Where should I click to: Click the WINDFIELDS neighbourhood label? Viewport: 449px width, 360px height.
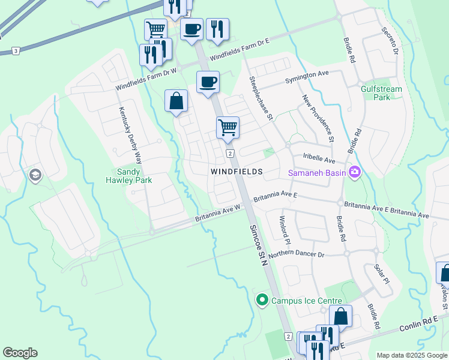click(237, 172)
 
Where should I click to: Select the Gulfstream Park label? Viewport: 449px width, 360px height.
click(381, 93)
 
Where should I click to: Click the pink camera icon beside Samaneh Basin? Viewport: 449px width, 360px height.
click(355, 172)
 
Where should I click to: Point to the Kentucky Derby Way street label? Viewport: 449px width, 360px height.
click(130, 136)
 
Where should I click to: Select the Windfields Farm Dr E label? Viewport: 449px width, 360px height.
click(240, 46)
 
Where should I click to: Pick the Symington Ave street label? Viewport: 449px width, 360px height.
click(316, 73)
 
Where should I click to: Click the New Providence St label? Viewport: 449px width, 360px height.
click(318, 118)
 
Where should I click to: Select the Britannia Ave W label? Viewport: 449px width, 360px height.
click(217, 214)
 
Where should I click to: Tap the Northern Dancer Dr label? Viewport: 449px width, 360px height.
click(296, 255)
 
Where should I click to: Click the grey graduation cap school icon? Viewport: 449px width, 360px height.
click(35, 175)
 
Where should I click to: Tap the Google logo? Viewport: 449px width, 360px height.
click(20, 353)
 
